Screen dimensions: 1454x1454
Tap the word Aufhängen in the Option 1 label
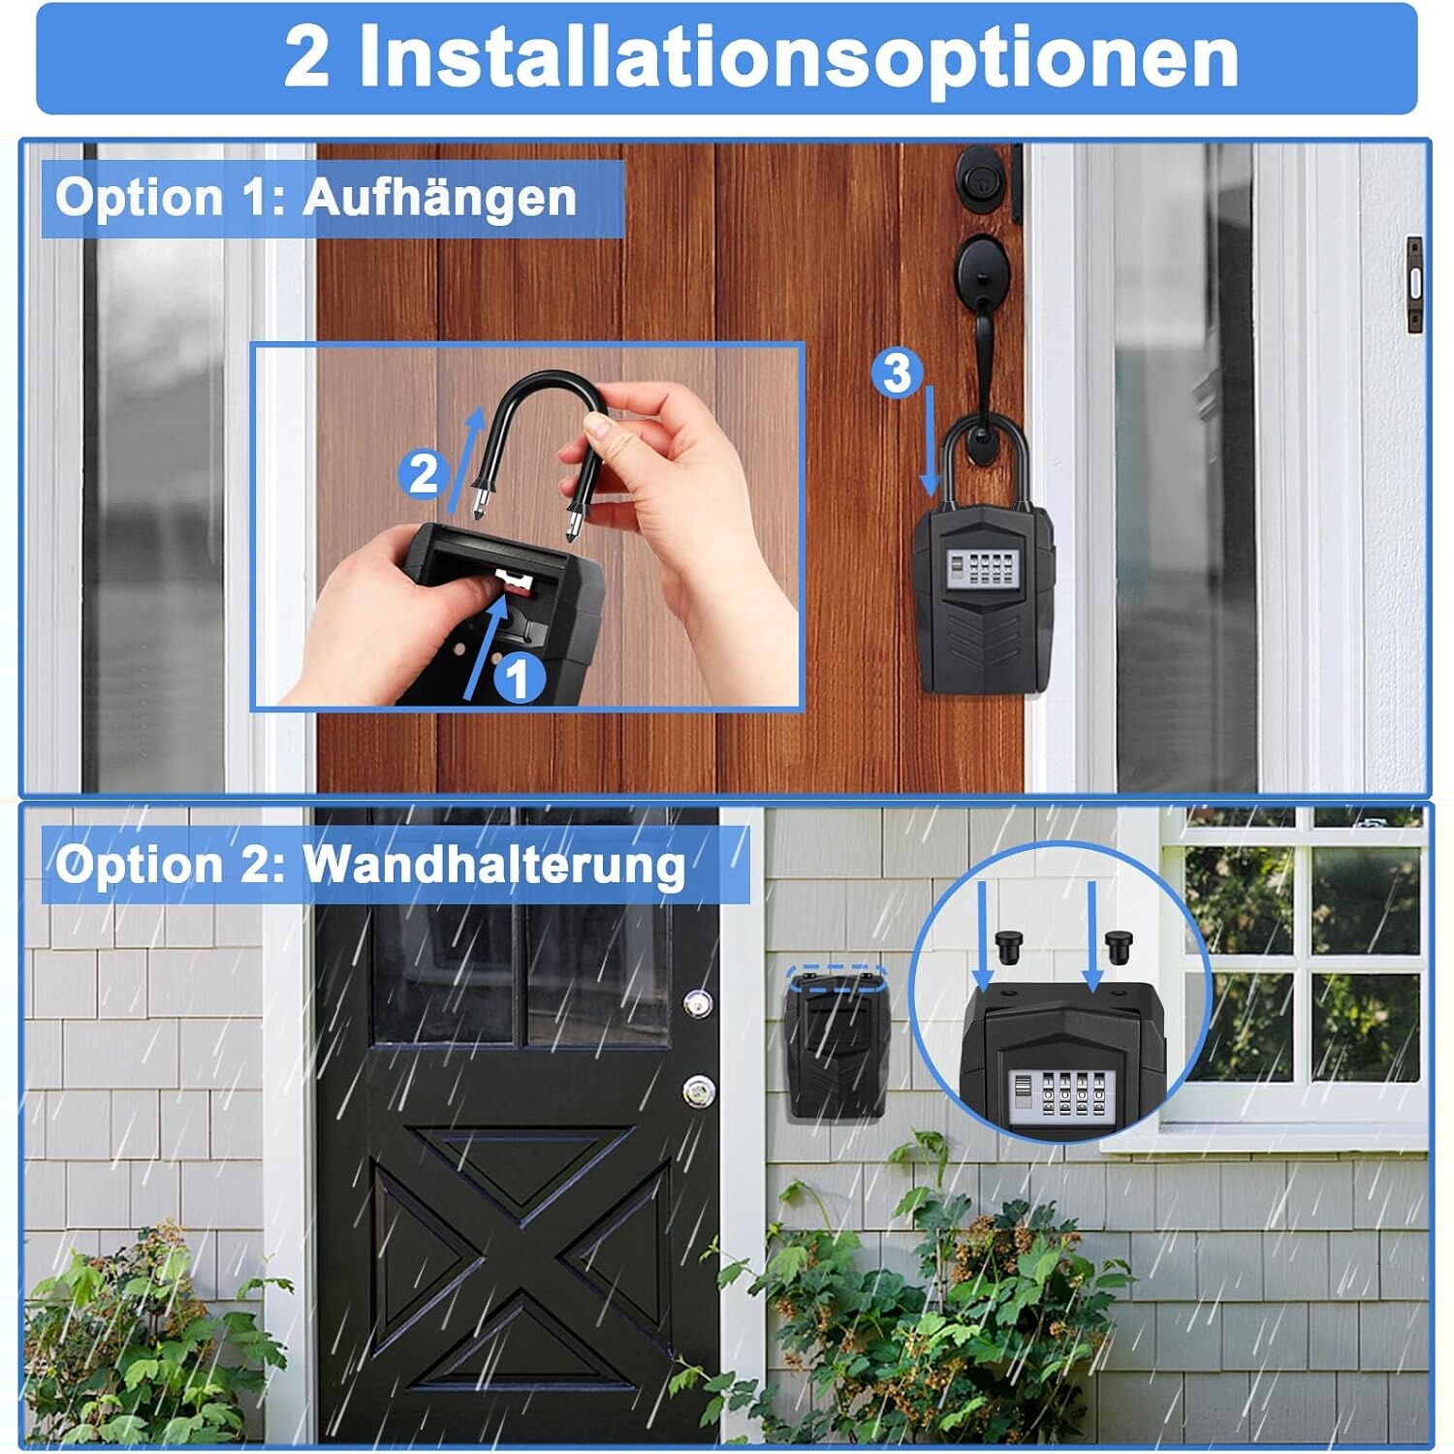[440, 199]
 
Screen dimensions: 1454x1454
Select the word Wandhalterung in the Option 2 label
[494, 864]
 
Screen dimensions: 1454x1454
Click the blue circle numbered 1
[520, 678]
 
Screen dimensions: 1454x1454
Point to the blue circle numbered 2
[424, 474]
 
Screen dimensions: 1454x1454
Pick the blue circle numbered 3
[897, 372]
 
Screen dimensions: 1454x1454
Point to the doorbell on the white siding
[1414, 285]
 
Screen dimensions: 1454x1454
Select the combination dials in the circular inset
[1059, 1097]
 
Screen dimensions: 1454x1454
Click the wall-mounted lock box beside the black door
[836, 1043]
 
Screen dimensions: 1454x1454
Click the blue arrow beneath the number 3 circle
[931, 441]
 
